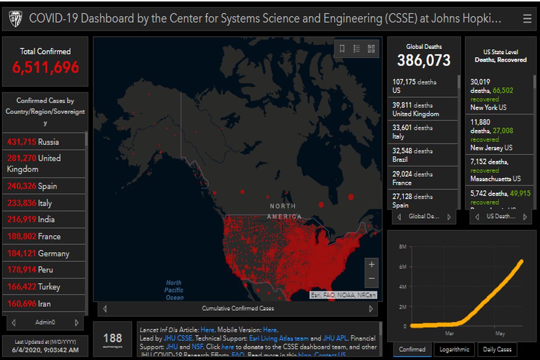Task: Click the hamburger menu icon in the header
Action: click(x=527, y=18)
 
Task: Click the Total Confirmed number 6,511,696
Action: click(x=45, y=67)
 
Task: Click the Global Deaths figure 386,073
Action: click(x=423, y=60)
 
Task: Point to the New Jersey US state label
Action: click(x=491, y=148)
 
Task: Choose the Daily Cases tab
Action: click(x=497, y=349)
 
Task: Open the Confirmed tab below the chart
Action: click(x=412, y=349)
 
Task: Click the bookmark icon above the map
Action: click(x=342, y=49)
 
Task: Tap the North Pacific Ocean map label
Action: click(x=174, y=290)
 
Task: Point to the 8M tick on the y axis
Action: click(x=403, y=247)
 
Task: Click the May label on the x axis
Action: click(x=500, y=333)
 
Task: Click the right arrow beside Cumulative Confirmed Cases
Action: click(x=371, y=309)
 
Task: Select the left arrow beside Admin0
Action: click(x=14, y=323)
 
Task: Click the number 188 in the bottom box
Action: click(x=112, y=337)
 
